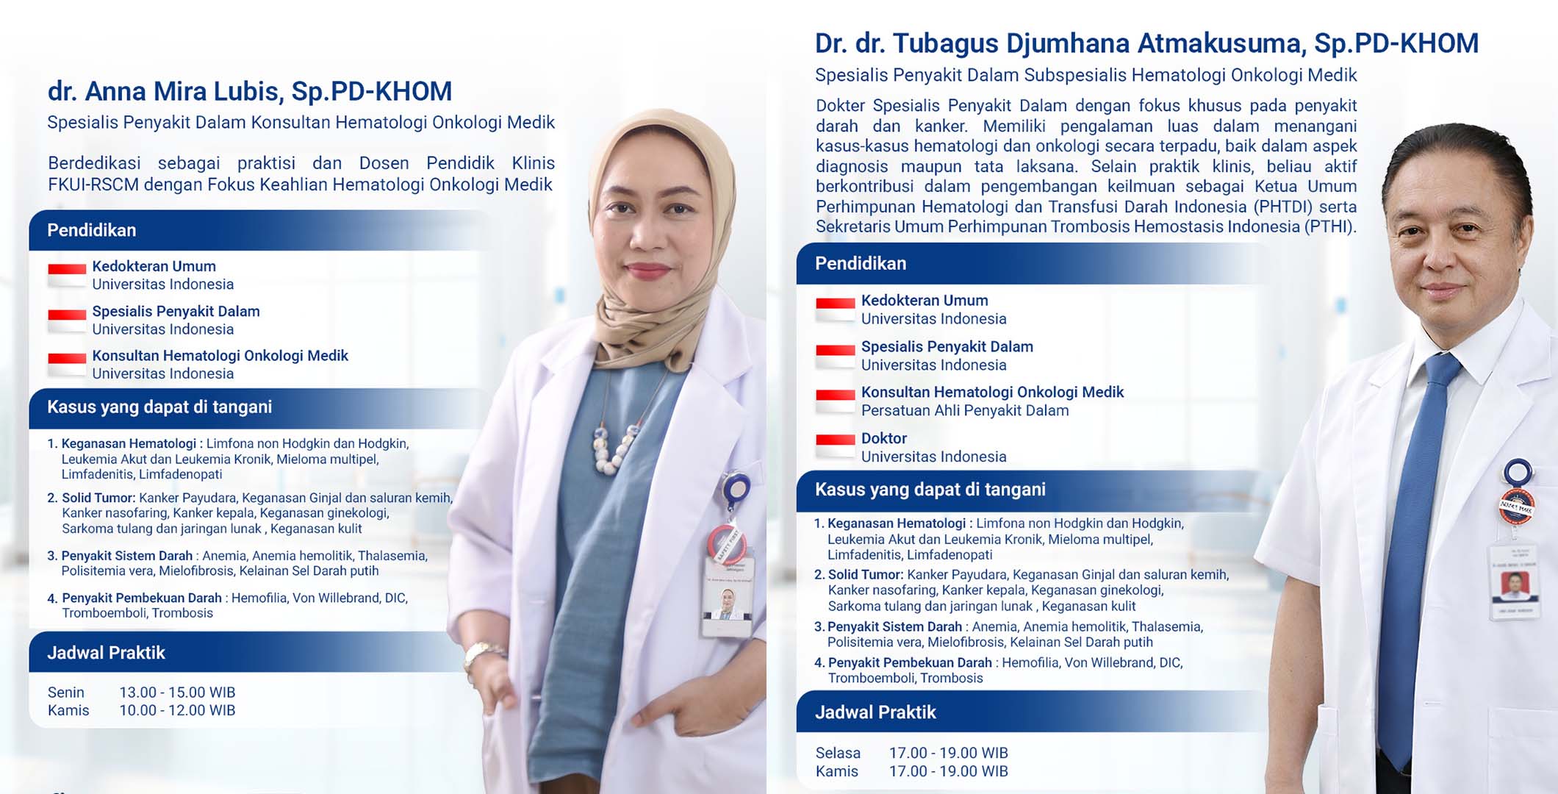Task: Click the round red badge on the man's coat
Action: [1515, 507]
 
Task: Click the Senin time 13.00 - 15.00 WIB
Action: [177, 693]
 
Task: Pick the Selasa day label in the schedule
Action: [838, 753]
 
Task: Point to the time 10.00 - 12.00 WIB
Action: [177, 710]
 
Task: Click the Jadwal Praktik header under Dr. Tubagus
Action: [875, 712]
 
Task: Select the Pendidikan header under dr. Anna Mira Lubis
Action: [92, 230]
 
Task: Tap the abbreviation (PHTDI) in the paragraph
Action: [1283, 207]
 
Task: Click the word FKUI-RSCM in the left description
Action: [93, 185]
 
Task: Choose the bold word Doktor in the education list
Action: [884, 438]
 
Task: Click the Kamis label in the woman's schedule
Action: [68, 710]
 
